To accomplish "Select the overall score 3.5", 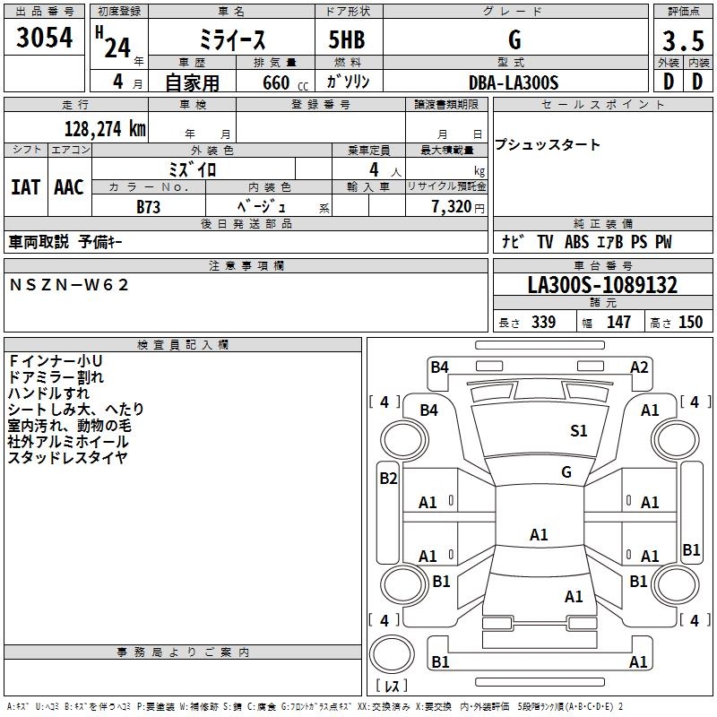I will click(x=681, y=41).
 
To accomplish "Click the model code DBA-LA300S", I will click(x=514, y=82).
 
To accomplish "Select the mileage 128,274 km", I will click(x=106, y=128).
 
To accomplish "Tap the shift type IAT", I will click(x=25, y=187).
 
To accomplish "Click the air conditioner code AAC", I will click(x=69, y=187).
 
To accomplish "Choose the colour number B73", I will click(x=149, y=206).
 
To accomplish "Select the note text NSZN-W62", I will click(x=70, y=284).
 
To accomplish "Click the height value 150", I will click(x=690, y=322).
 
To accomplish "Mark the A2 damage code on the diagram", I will click(x=639, y=367).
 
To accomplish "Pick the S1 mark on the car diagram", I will click(x=579, y=431).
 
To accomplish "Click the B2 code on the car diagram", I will click(x=388, y=479).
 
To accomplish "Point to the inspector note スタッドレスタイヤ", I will click(x=68, y=458).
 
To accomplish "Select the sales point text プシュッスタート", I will click(x=548, y=145).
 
